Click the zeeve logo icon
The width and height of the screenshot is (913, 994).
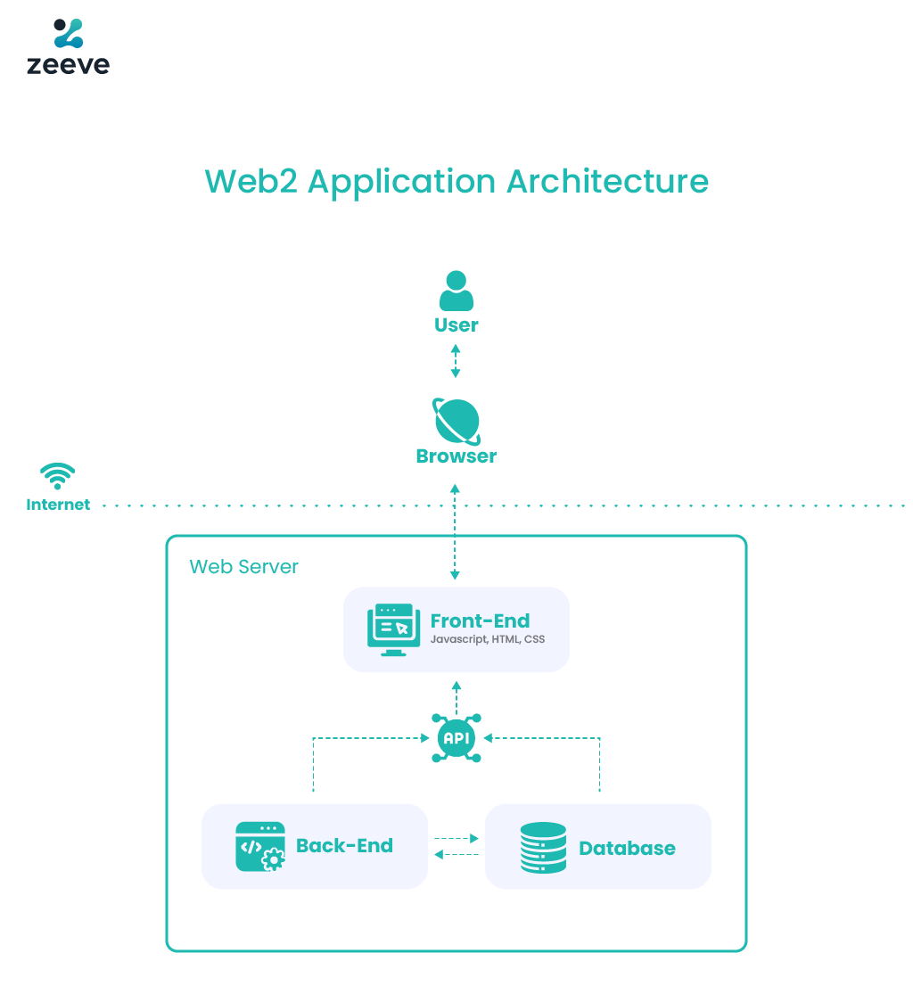point(68,34)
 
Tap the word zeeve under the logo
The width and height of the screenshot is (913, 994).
point(68,65)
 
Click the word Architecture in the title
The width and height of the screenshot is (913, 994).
point(607,181)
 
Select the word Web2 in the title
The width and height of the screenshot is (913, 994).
point(251,181)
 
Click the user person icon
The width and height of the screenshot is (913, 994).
point(456,292)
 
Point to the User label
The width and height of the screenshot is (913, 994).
point(456,325)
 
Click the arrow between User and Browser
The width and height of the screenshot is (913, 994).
point(456,360)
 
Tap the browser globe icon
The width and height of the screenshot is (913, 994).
point(456,421)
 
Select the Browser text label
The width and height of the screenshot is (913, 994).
point(456,456)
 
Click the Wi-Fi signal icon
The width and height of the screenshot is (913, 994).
point(58,476)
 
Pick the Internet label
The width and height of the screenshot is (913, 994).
point(58,505)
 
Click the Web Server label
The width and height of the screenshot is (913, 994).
point(243,567)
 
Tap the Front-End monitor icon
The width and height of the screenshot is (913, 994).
point(393,629)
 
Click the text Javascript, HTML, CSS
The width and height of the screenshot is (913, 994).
point(487,640)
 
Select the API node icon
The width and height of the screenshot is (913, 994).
point(456,738)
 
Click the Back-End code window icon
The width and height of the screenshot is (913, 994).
point(259,846)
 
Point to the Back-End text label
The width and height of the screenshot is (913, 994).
point(344,846)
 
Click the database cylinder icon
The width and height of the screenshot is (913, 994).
point(543,847)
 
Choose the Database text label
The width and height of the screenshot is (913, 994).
point(627,848)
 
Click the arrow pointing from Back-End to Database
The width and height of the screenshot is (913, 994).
point(456,839)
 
